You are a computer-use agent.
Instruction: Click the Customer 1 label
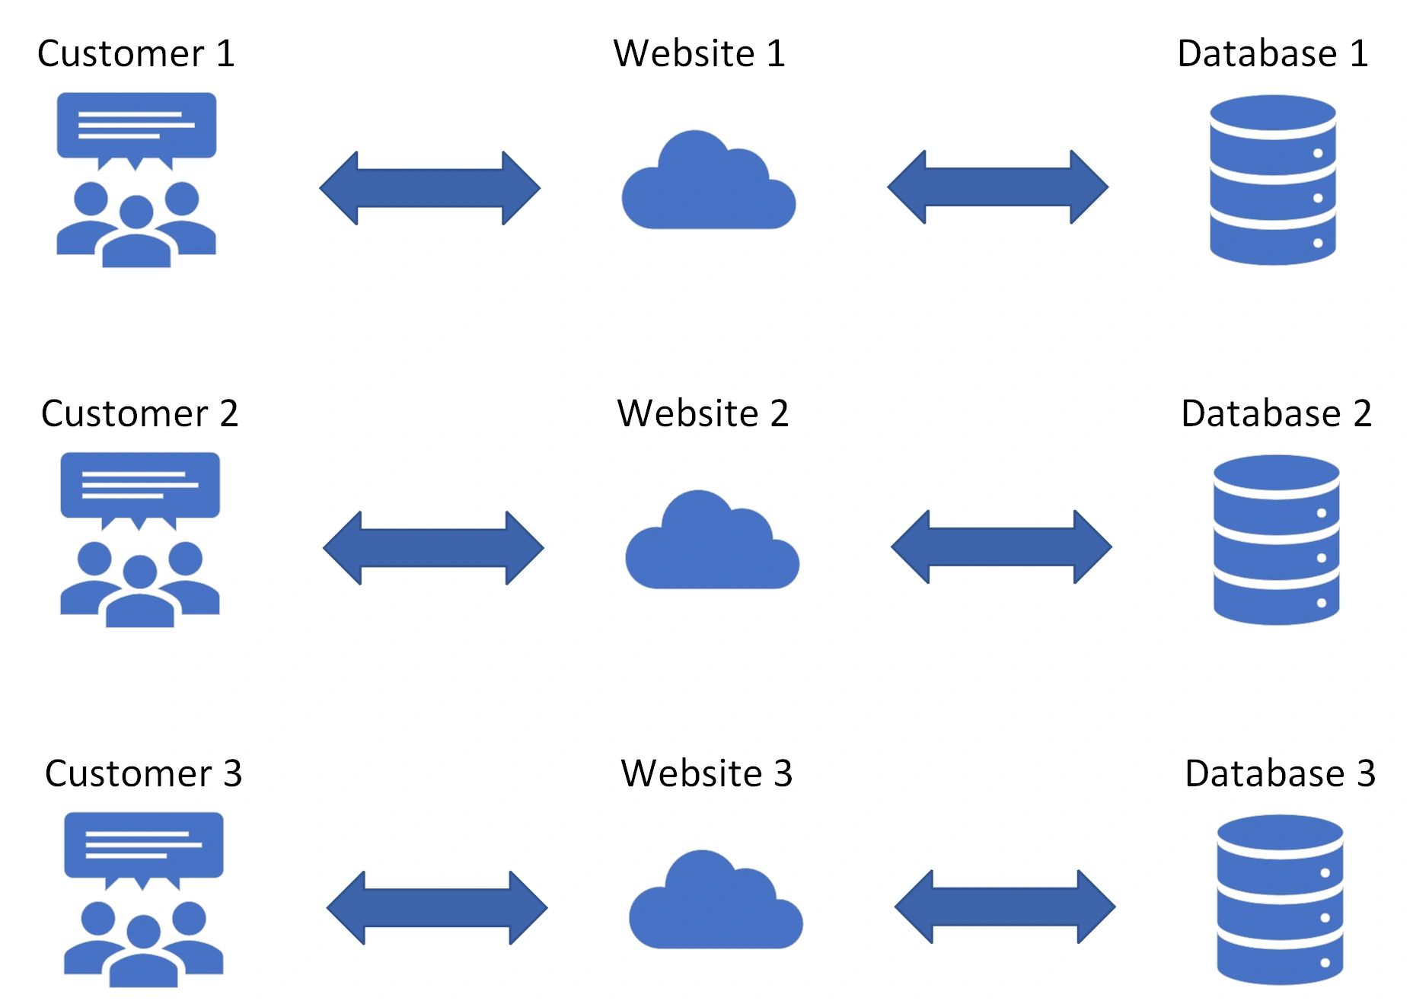136,54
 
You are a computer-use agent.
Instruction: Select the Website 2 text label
703,413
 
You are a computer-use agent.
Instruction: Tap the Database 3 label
1281,773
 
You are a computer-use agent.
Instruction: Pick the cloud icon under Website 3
716,899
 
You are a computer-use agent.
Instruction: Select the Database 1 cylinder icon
1273,180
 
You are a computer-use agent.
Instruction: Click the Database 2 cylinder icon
1277,540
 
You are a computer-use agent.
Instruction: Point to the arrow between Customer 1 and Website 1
430,188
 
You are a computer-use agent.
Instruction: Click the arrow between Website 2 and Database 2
1002,547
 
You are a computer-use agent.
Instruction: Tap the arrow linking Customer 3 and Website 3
437,908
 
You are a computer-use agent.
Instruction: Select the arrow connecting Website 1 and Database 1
998,186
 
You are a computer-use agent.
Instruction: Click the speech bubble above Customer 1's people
136,130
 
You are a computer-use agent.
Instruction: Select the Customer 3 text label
143,774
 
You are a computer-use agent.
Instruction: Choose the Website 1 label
699,54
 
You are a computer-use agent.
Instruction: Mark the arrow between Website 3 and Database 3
1005,907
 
